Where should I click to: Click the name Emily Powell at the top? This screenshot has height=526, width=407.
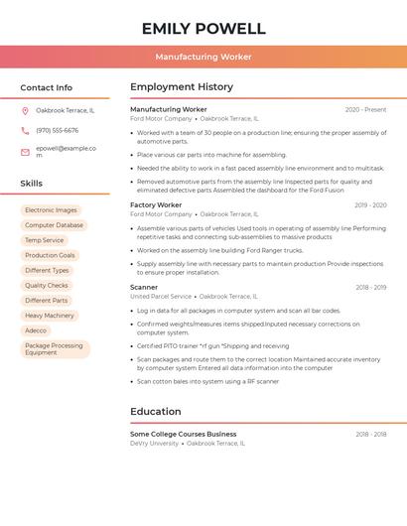point(203,28)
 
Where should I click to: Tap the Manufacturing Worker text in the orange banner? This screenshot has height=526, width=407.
point(203,58)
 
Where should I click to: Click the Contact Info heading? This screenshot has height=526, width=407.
point(47,87)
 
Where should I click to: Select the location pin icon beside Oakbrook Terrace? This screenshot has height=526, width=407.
point(25,110)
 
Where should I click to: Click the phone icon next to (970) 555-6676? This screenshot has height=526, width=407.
point(25,130)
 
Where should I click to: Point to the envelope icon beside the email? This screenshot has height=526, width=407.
point(25,152)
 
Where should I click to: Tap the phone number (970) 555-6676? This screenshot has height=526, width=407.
point(58,130)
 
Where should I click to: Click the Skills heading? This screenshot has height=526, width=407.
point(32,184)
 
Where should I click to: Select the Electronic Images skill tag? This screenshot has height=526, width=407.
point(51,210)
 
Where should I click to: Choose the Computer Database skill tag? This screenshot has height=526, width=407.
point(54,225)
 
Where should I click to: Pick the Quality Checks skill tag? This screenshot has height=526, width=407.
point(47,285)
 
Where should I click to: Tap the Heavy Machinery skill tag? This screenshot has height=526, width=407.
point(50,316)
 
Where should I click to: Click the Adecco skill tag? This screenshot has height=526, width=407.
point(36,330)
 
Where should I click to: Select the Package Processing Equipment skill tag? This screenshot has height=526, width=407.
point(55,349)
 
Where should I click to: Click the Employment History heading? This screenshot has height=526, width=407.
point(182,87)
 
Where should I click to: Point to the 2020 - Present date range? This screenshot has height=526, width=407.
point(365,110)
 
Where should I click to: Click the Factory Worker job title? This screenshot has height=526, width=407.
point(156,205)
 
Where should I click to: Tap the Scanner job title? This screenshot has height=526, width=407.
point(144,288)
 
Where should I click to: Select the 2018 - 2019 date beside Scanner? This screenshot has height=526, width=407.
point(371,288)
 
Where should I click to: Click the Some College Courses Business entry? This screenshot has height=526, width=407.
point(184,434)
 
